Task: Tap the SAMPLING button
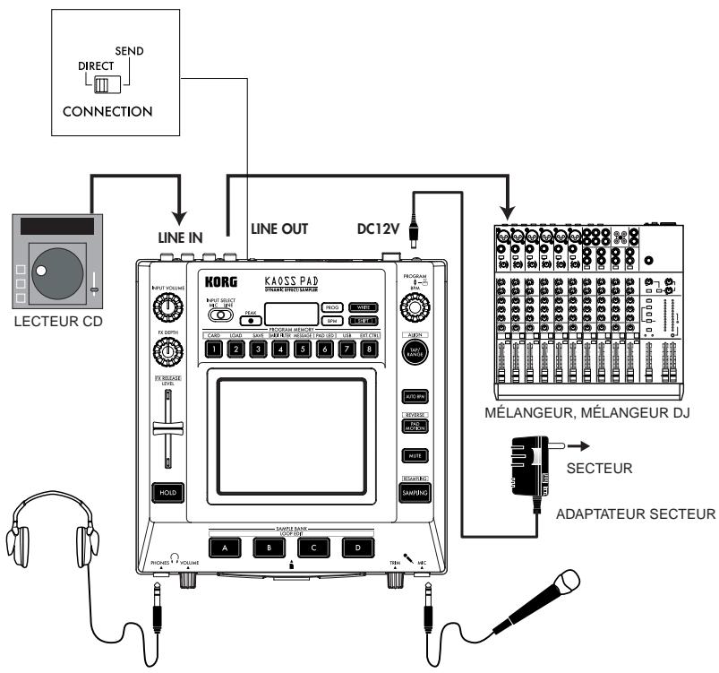point(414,492)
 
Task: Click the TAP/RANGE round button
point(415,354)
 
